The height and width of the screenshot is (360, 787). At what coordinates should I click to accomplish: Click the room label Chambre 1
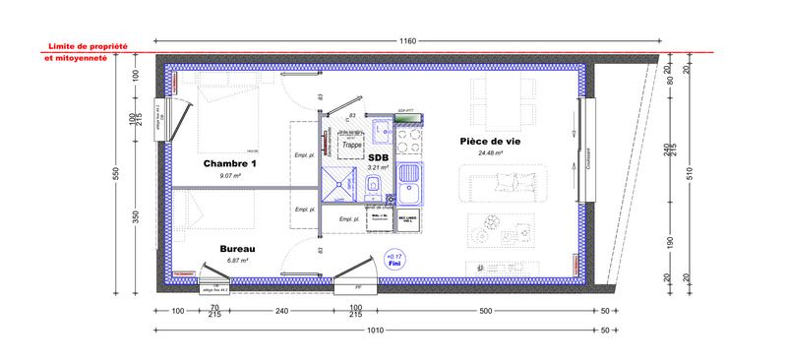point(229,162)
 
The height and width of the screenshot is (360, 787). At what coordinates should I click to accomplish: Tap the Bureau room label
point(237,250)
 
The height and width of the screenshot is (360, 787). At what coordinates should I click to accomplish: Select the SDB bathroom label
point(378,156)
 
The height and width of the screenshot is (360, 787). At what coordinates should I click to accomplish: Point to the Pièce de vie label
point(489,141)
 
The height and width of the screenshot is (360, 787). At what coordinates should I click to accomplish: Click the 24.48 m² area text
point(489,153)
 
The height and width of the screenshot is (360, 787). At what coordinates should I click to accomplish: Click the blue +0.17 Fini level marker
point(395,262)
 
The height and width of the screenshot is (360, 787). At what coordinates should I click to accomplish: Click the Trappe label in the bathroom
point(351,145)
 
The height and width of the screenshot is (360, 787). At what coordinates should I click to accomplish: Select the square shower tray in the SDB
point(341,183)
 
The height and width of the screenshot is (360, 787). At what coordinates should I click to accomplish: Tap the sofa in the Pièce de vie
point(509,183)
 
